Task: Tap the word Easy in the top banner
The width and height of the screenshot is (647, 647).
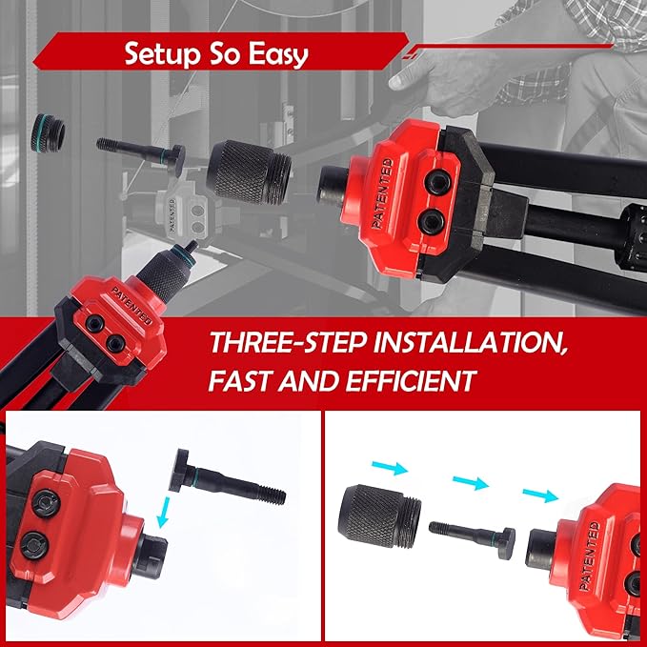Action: click(278, 54)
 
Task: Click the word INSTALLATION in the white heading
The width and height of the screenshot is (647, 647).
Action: click(470, 342)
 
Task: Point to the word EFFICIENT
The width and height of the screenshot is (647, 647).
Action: click(410, 380)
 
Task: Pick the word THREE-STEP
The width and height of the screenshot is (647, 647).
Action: click(288, 342)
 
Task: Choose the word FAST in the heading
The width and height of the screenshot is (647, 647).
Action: click(240, 380)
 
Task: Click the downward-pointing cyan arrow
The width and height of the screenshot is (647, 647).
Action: click(163, 512)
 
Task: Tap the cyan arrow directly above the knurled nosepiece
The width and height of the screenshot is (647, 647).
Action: click(390, 468)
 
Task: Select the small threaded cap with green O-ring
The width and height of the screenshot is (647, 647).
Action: click(48, 132)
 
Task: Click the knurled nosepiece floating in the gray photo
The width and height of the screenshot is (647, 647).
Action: click(249, 172)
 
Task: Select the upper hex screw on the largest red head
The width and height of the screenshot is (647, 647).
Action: click(437, 182)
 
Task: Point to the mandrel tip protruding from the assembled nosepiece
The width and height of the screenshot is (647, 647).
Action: click(191, 247)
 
